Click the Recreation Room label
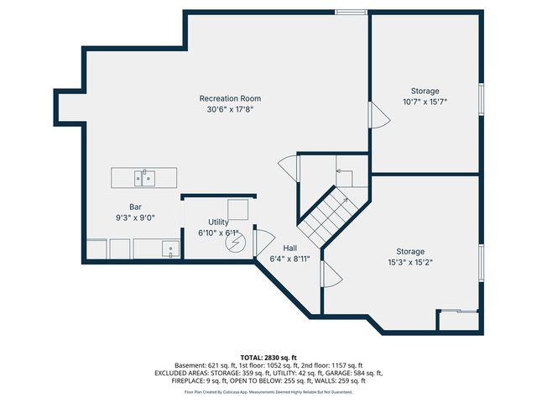[231, 98]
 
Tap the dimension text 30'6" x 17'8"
[231, 109]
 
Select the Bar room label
[135, 207]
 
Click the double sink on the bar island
[144, 177]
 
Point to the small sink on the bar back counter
[170, 249]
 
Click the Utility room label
[218, 222]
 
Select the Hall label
[289, 248]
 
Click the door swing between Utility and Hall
[261, 240]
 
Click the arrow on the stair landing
[343, 172]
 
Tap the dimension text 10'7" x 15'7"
[425, 102]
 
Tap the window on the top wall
[350, 12]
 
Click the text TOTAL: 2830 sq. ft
[268, 357]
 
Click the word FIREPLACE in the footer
[190, 381]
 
